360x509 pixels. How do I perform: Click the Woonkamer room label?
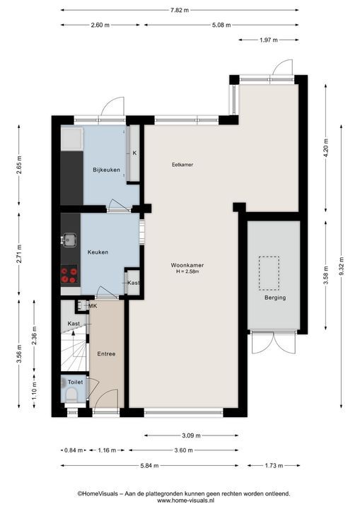[x=187, y=265]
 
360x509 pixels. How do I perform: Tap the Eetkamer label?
[x=182, y=165]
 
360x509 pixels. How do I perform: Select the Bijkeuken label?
[x=106, y=170]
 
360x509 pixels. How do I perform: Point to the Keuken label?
[x=98, y=252]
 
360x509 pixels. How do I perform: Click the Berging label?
[x=275, y=298]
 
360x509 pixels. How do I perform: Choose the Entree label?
[x=106, y=354]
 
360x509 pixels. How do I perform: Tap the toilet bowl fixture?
[x=71, y=396]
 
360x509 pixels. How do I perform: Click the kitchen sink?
[x=69, y=240]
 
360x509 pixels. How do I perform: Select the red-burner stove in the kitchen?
[x=69, y=274]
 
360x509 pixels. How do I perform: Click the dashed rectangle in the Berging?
[x=269, y=273]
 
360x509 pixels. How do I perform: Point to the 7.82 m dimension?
[x=180, y=10]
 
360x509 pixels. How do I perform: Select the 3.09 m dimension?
[x=191, y=435]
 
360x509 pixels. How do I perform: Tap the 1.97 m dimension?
[x=268, y=40]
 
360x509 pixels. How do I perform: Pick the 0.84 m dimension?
[x=74, y=450]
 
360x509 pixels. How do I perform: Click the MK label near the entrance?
[x=93, y=306]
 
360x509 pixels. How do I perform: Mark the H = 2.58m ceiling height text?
[x=187, y=271]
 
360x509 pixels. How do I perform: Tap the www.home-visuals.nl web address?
[x=184, y=501]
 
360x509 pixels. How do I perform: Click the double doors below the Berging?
[x=274, y=343]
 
